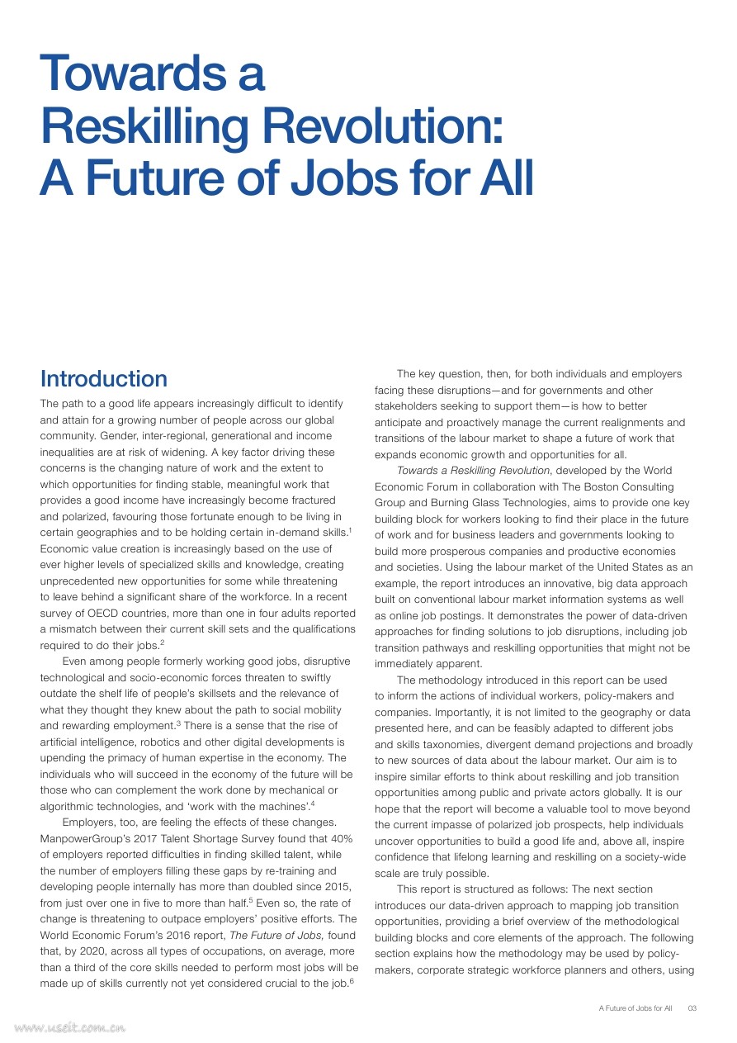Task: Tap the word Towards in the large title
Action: pos(123,73)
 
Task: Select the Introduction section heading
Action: pos(104,379)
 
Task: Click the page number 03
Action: pos(692,1008)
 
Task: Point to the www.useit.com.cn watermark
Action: pos(69,1028)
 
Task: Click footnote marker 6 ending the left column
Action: pos(352,979)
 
